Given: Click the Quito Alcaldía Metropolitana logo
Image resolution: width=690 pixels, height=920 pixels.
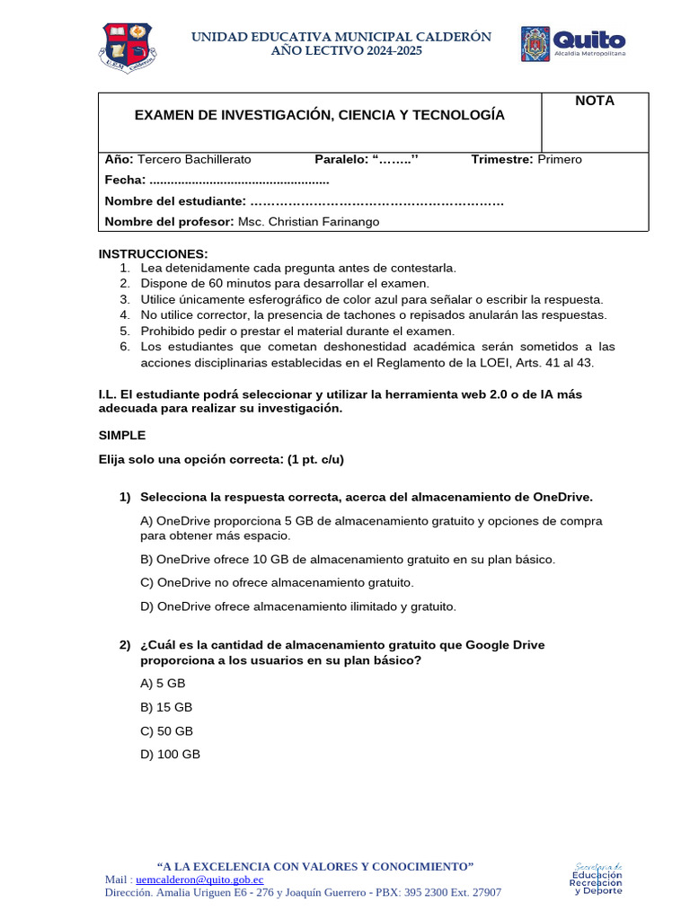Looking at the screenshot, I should pyautogui.click(x=573, y=44).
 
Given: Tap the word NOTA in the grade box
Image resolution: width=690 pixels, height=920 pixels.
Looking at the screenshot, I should pyautogui.click(x=595, y=101).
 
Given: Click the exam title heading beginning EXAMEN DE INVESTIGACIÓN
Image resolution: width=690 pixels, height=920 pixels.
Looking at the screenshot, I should pyautogui.click(x=319, y=115).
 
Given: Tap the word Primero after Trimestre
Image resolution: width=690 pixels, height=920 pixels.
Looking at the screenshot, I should pyautogui.click(x=560, y=159).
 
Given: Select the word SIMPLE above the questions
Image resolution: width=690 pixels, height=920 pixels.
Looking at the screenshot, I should pyautogui.click(x=122, y=435).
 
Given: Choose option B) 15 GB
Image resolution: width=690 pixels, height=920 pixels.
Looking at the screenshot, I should pyautogui.click(x=166, y=707).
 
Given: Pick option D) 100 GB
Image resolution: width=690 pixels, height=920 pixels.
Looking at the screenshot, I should pyautogui.click(x=170, y=755).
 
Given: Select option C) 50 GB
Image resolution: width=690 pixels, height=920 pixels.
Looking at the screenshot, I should pyautogui.click(x=166, y=731).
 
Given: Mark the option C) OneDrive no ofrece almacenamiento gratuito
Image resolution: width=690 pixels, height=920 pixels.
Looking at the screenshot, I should pyautogui.click(x=277, y=582).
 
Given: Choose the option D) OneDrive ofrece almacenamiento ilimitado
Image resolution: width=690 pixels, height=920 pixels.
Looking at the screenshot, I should pyautogui.click(x=298, y=606).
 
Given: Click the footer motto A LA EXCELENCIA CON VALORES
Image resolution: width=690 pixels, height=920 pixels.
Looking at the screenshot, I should pyautogui.click(x=315, y=866).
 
